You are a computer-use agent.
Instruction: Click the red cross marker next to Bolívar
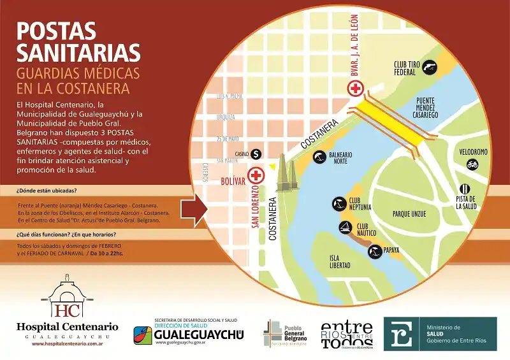pyautogui.click(x=257, y=174)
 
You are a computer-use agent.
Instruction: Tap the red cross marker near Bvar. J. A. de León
pyautogui.click(x=354, y=88)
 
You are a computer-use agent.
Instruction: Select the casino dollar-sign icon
pyautogui.click(x=256, y=154)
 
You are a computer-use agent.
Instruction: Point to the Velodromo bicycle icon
pyautogui.click(x=472, y=164)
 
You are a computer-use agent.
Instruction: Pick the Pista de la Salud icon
pyautogui.click(x=466, y=189)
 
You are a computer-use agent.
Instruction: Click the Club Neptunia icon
pyautogui.click(x=337, y=204)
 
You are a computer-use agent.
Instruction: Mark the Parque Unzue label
pyautogui.click(x=409, y=214)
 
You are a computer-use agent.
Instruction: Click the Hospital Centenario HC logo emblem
pyautogui.click(x=67, y=299)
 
